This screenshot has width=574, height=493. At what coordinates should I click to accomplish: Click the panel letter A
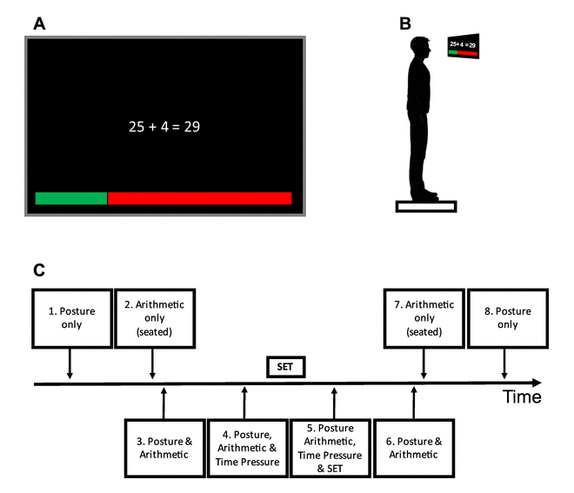(39, 23)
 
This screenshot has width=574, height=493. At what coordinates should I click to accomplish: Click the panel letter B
(404, 23)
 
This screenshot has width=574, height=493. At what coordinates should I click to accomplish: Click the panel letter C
(39, 270)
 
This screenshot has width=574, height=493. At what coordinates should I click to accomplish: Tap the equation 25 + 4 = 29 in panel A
(165, 126)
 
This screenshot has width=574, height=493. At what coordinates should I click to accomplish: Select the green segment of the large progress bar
(70, 198)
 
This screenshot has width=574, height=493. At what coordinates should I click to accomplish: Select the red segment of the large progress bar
(199, 198)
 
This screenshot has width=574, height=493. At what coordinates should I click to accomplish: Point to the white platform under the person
(426, 206)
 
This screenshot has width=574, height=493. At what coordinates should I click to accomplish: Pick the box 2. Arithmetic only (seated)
(152, 318)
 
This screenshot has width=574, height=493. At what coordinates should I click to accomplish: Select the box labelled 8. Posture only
(507, 318)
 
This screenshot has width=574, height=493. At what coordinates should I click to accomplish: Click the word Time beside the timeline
(521, 397)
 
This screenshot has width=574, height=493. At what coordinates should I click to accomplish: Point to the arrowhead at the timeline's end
(536, 383)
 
